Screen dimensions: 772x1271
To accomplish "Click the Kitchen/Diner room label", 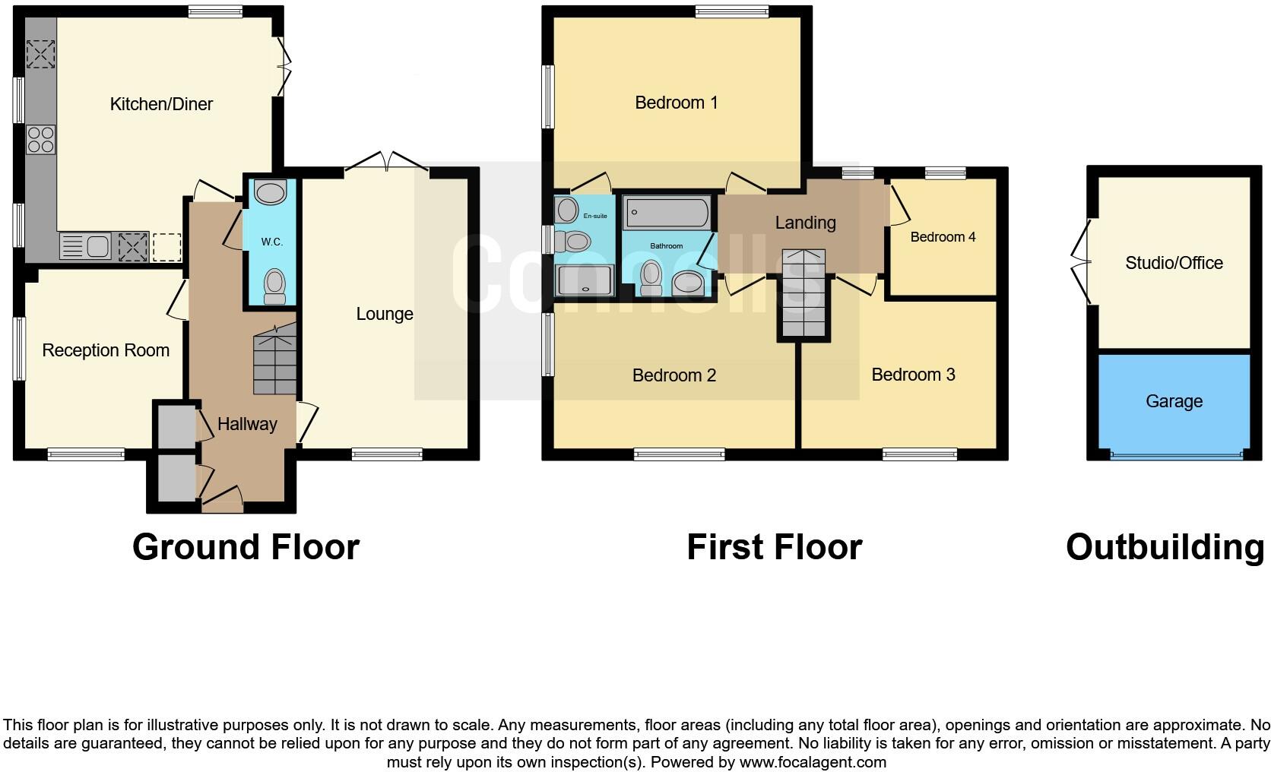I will (x=161, y=104).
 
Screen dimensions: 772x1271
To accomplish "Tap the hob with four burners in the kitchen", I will (x=41, y=139).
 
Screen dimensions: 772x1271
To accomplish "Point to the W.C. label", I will (x=271, y=242).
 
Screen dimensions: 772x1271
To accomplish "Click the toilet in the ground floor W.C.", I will (x=274, y=286).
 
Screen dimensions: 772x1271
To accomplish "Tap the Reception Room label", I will (x=106, y=350).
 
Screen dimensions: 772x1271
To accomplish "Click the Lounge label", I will (x=385, y=314).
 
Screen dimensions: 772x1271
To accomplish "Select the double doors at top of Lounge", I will (x=387, y=163).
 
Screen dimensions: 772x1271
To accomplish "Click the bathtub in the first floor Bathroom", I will (x=667, y=212).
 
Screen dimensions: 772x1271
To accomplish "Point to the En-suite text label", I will (x=595, y=216).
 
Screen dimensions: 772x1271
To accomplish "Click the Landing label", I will (x=805, y=223).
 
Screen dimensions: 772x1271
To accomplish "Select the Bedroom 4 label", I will (x=943, y=237).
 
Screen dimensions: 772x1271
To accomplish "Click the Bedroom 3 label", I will (x=913, y=375).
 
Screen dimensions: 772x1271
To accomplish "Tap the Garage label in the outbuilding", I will (x=1174, y=401).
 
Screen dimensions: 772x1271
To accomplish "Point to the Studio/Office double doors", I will (x=1081, y=262).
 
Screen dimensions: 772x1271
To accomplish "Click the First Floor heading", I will (x=774, y=547).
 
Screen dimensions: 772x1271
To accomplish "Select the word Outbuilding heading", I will (x=1165, y=547).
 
